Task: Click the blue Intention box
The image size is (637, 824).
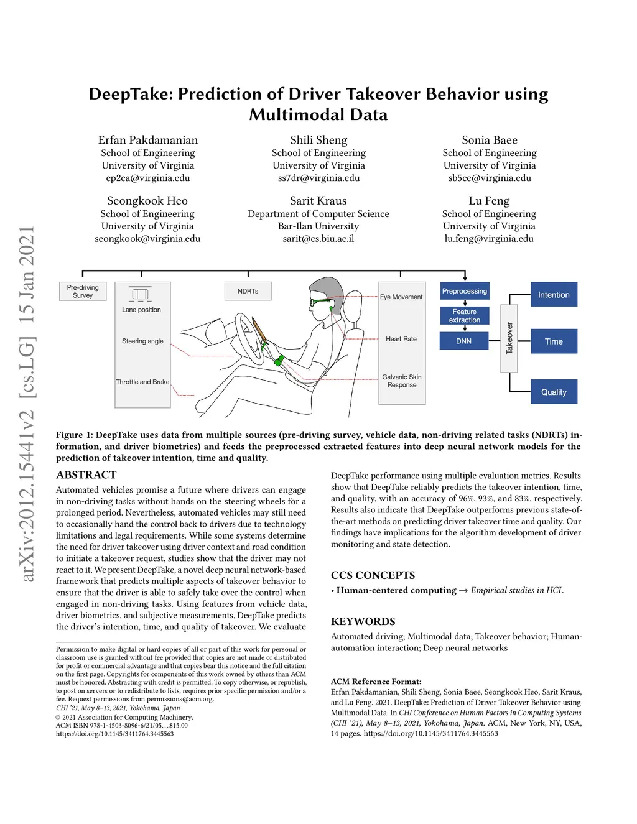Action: pyautogui.click(x=554, y=294)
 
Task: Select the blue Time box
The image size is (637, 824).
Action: pyautogui.click(x=554, y=341)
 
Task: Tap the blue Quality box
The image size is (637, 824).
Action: pyautogui.click(x=554, y=392)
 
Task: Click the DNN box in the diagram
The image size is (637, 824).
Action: pyautogui.click(x=464, y=341)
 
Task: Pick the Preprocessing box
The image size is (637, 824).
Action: pyautogui.click(x=465, y=291)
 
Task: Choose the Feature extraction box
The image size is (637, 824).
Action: pyautogui.click(x=465, y=316)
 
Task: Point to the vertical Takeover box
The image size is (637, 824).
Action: pyautogui.click(x=509, y=338)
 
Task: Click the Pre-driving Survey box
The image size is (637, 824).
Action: pyautogui.click(x=83, y=291)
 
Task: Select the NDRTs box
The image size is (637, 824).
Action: pyautogui.click(x=248, y=291)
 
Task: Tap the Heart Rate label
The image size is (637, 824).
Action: pyautogui.click(x=401, y=339)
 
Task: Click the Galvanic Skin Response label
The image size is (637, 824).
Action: pyautogui.click(x=402, y=381)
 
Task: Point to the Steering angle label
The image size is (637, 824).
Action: pyautogui.click(x=142, y=341)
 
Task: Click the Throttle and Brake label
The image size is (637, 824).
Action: pyautogui.click(x=142, y=382)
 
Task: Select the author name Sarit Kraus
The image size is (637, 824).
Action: pyautogui.click(x=318, y=201)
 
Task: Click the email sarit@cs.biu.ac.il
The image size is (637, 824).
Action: pyautogui.click(x=318, y=238)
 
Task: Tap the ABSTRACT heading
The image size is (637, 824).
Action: pyautogui.click(x=86, y=475)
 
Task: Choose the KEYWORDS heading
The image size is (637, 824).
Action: pyautogui.click(x=363, y=621)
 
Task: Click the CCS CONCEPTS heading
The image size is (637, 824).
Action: pyautogui.click(x=373, y=575)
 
